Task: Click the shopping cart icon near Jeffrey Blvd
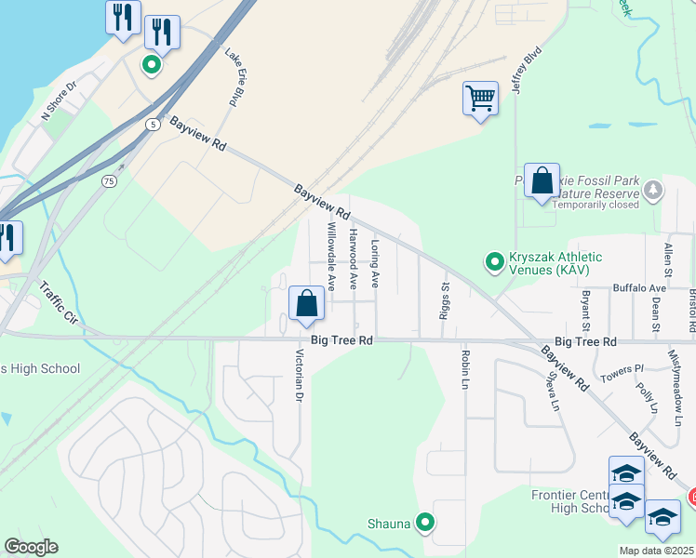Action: coord(480,98)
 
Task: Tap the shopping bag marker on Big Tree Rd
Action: coord(306,304)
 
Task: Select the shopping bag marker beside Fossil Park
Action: coord(542,180)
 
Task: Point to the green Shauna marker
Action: coord(425,523)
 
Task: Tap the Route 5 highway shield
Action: coord(151,124)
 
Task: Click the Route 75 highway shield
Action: coord(111,182)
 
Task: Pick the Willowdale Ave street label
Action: coord(330,256)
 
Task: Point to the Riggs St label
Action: coord(446,299)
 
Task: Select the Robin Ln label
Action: coord(462,370)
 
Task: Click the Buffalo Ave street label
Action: coord(639,288)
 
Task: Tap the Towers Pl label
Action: coord(623,369)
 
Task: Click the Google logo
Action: coord(31,547)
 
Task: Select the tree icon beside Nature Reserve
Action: coord(653,191)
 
